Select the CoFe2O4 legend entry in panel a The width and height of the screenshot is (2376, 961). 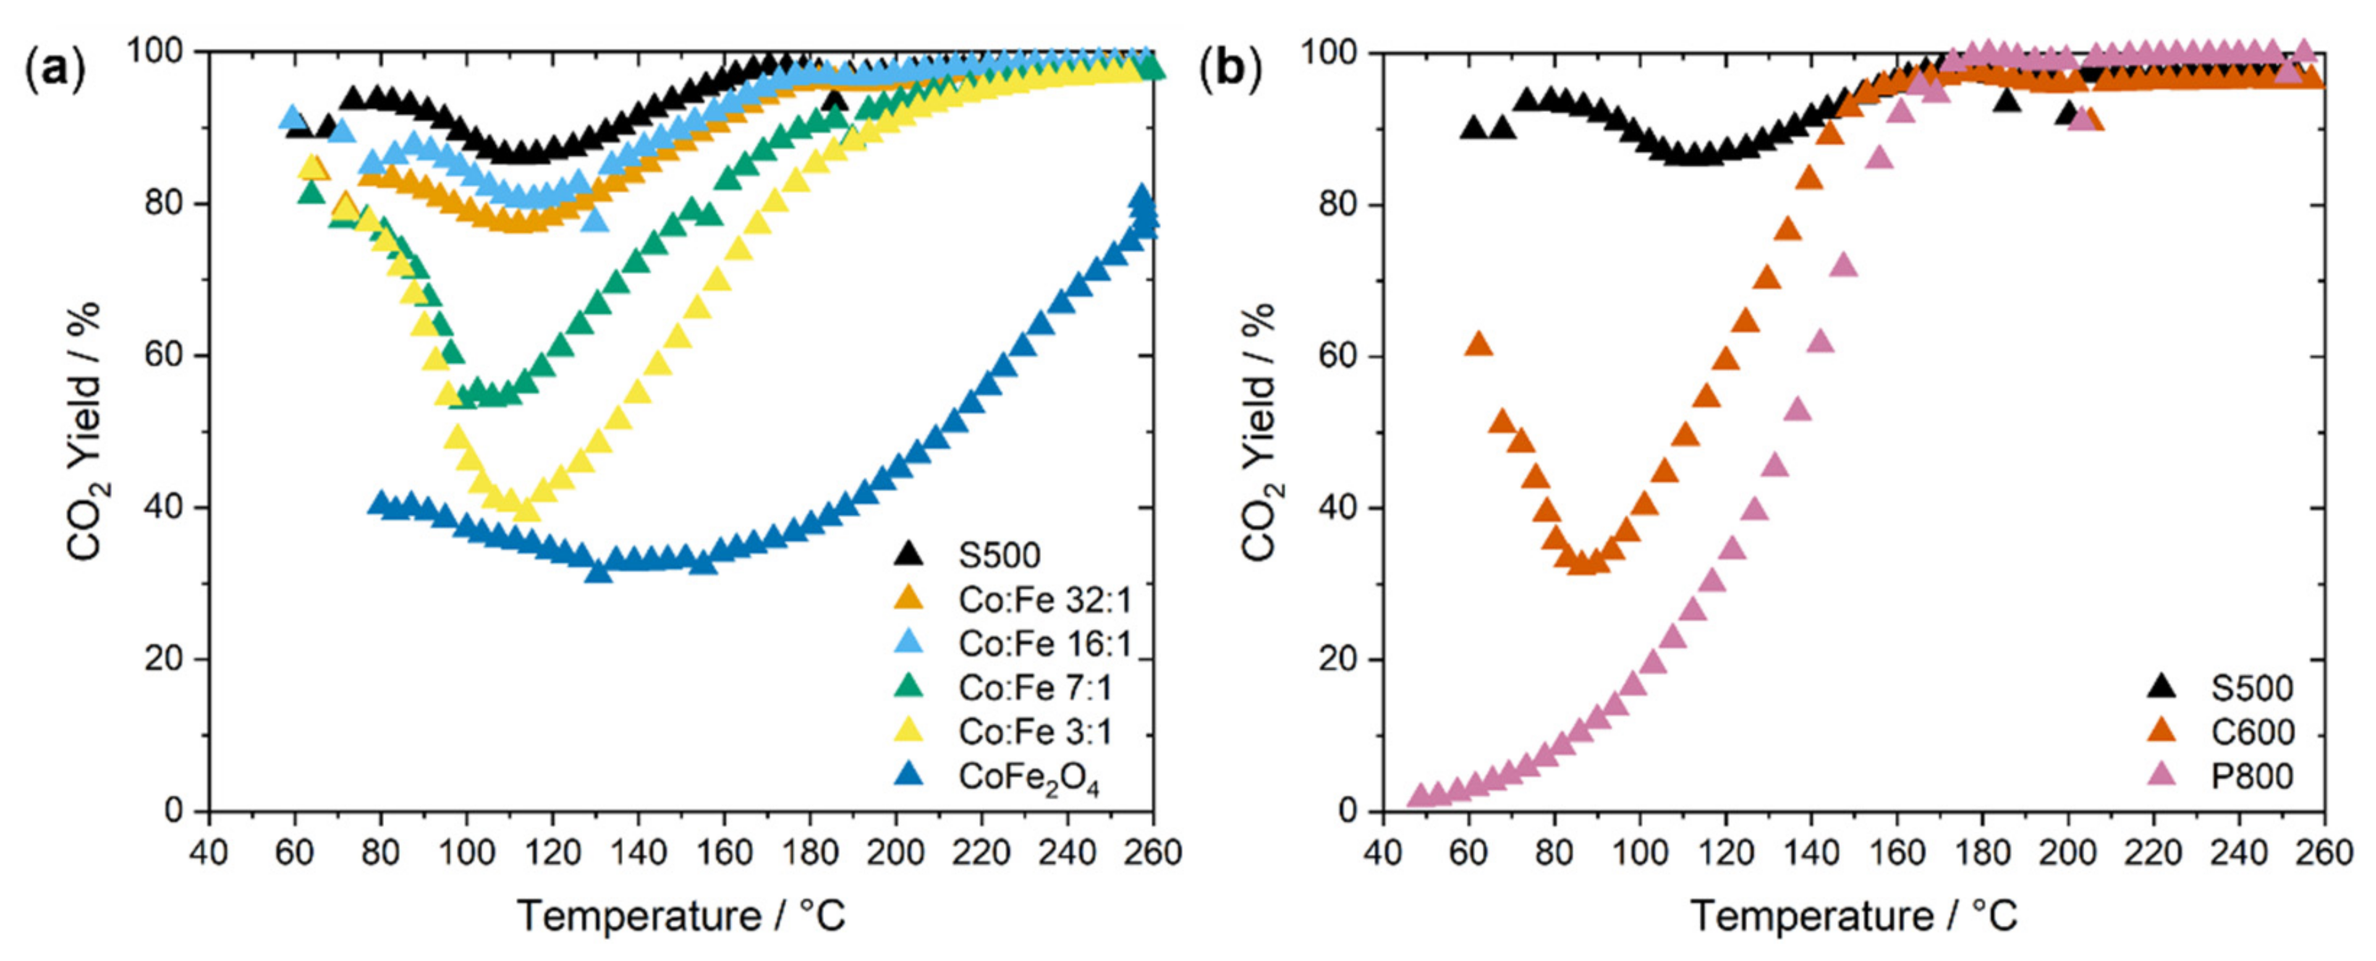[1027, 776]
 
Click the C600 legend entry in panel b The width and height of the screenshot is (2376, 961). [2252, 732]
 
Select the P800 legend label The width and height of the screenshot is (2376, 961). [2252, 776]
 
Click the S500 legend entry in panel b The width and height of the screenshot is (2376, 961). [2252, 688]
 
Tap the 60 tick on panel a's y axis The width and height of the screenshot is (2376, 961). [164, 356]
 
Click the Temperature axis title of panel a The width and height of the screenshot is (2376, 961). [681, 917]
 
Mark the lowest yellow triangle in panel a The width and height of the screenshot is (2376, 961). [526, 510]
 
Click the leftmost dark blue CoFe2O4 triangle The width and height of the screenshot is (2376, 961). [380, 504]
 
